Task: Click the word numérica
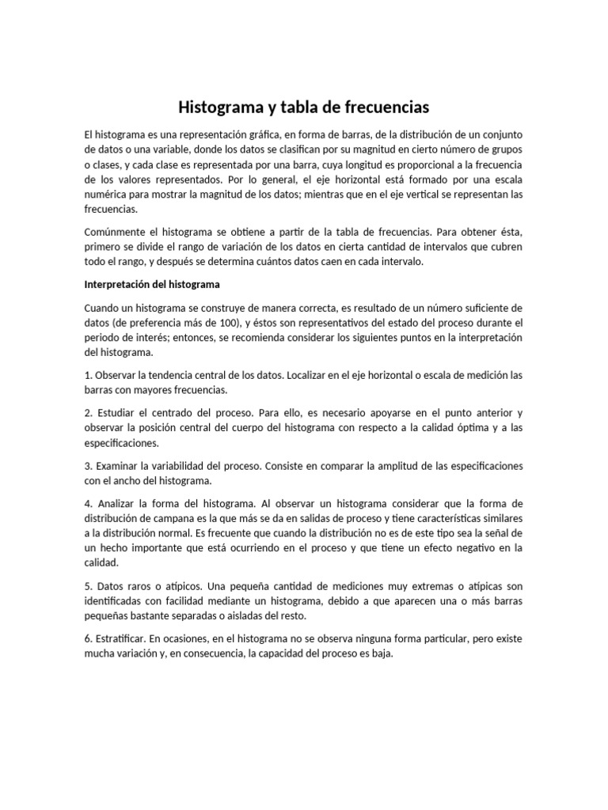point(106,195)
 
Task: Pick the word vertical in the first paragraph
point(409,195)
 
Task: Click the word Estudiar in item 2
point(118,412)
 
